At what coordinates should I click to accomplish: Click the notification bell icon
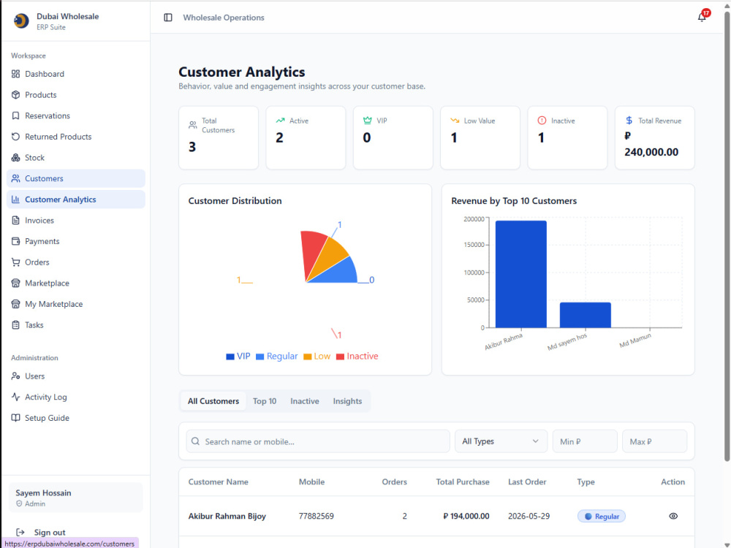[701, 18]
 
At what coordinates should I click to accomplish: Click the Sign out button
[41, 532]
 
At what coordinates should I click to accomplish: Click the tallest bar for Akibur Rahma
[520, 274]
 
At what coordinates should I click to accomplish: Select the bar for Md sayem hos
[585, 315]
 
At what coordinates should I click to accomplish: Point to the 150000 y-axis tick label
[474, 245]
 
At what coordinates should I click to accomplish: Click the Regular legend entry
[276, 357]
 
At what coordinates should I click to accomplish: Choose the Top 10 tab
[265, 401]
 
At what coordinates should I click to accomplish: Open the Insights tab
[347, 401]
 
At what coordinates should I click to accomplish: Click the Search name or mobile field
[318, 441]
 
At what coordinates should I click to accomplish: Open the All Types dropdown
[501, 441]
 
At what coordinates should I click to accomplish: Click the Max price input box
[654, 441]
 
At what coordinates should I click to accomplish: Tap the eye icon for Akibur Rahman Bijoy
[673, 516]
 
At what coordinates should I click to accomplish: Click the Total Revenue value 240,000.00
[651, 152]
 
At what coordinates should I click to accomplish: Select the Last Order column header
[527, 482]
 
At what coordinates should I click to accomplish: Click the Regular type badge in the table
[602, 517]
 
